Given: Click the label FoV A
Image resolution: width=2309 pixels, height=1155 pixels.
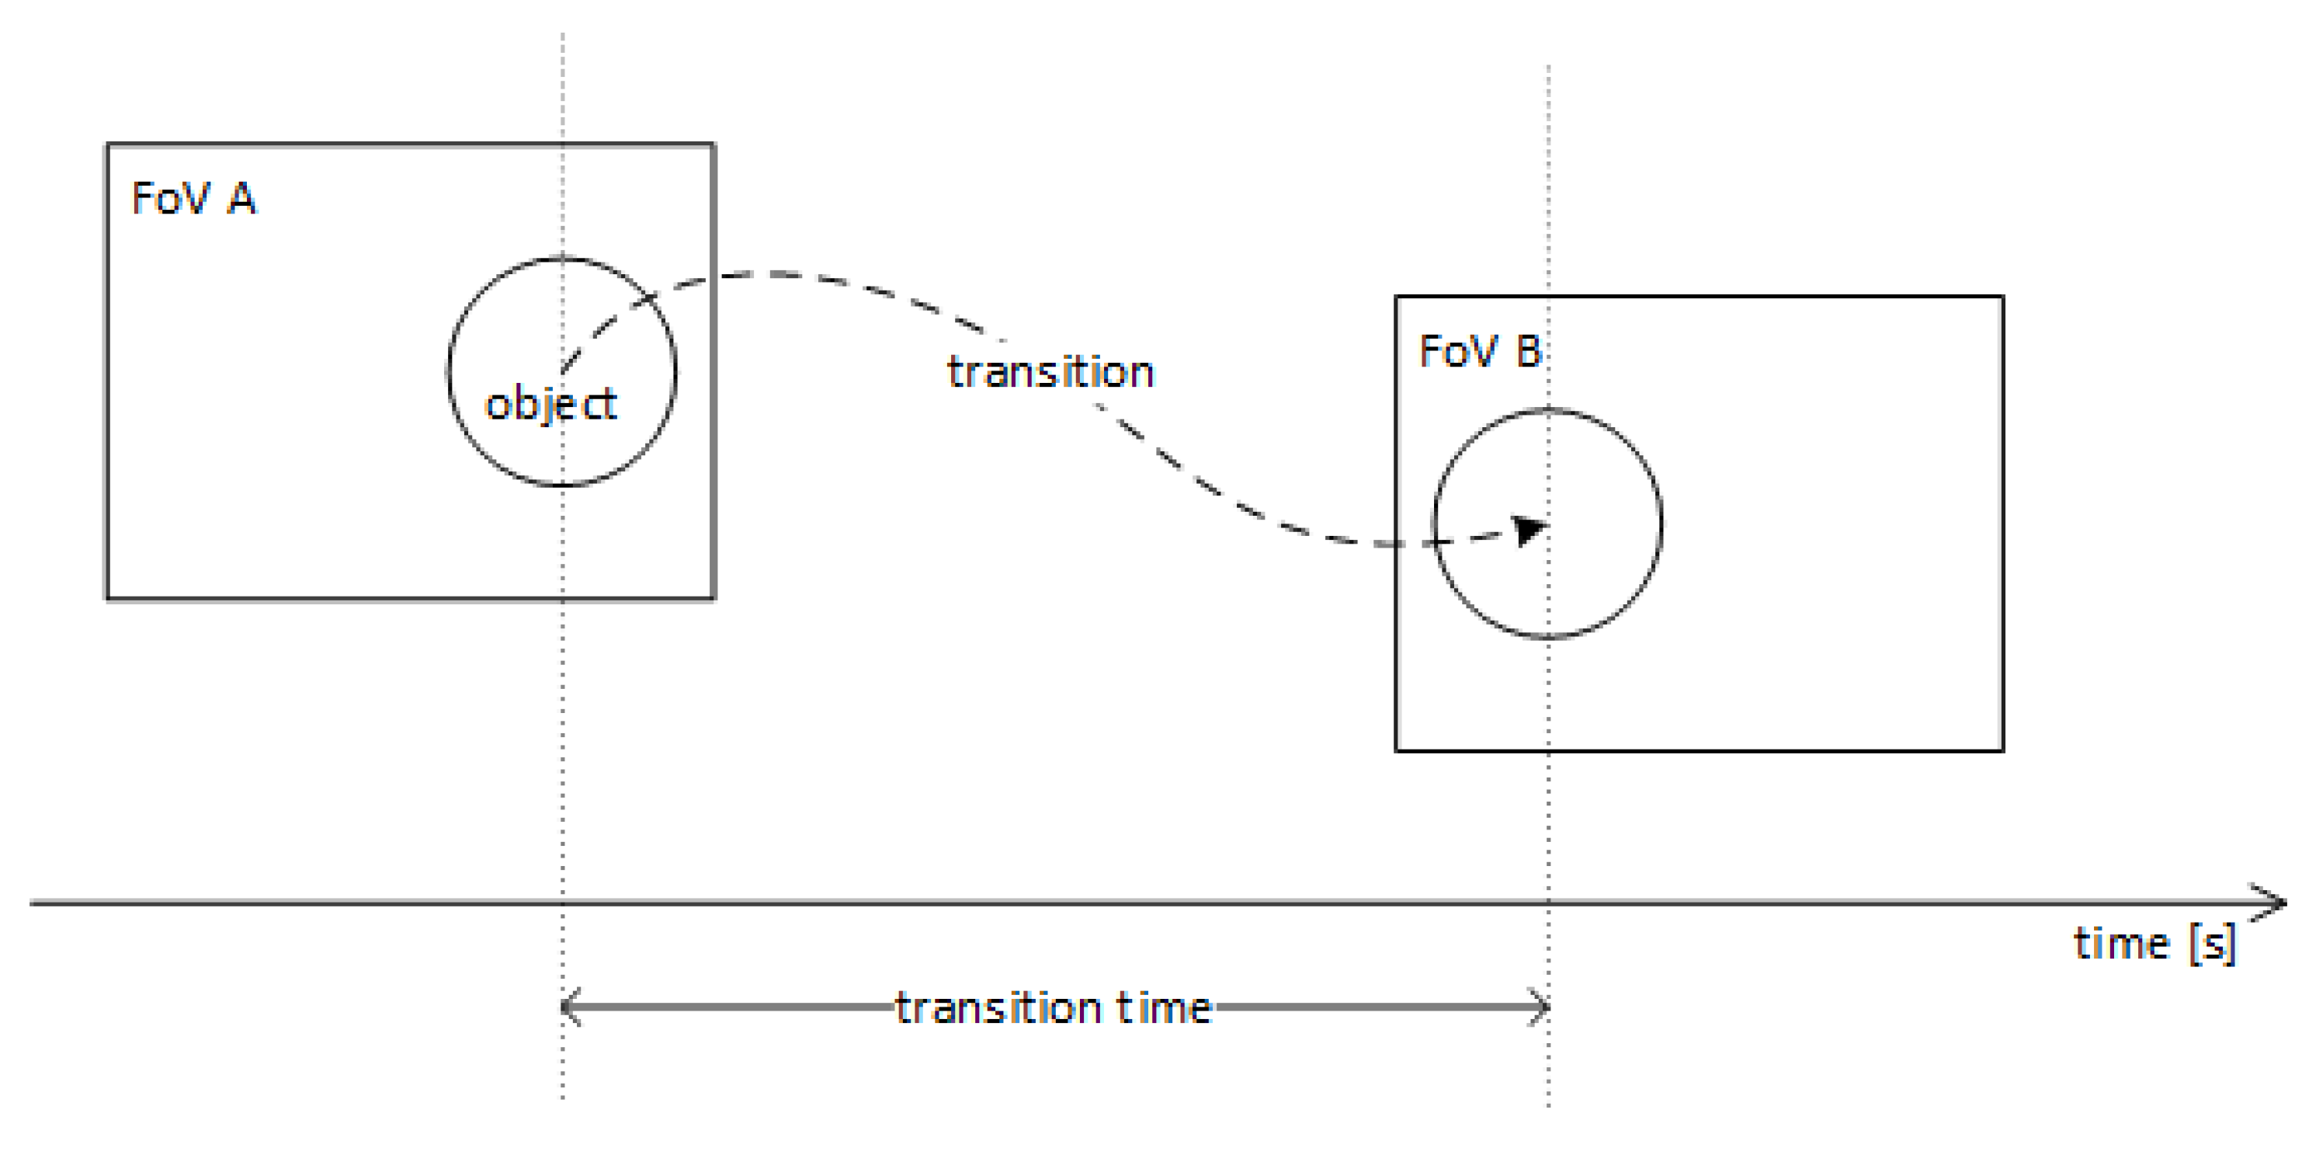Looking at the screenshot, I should click(x=193, y=198).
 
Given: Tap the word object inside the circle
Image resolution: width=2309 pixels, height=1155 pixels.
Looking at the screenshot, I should click(x=550, y=405).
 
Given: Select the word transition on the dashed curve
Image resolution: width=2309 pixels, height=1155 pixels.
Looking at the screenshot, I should click(x=1050, y=372).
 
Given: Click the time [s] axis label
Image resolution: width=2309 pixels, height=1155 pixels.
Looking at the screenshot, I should click(x=2154, y=945).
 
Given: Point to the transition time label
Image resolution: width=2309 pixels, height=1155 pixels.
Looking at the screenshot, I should click(x=1054, y=1008).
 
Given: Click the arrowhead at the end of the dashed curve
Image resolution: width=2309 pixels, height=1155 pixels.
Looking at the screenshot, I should click(x=1530, y=529).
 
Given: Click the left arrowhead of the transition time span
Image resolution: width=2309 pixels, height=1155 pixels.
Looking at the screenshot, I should click(x=568, y=1007).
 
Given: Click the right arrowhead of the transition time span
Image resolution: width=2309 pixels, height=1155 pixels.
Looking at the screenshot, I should click(x=1542, y=1007).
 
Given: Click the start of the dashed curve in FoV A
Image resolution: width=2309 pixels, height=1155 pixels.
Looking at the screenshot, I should click(x=563, y=370).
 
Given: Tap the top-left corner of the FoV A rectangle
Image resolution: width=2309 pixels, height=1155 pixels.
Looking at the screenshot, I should click(x=108, y=144).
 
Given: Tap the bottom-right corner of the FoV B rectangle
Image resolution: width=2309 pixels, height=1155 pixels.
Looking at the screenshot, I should click(x=2002, y=750).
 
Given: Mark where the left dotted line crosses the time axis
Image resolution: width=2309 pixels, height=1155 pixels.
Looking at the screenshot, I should click(x=563, y=903).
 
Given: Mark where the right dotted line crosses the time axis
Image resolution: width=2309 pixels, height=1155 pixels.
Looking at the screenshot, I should click(x=1548, y=903).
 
